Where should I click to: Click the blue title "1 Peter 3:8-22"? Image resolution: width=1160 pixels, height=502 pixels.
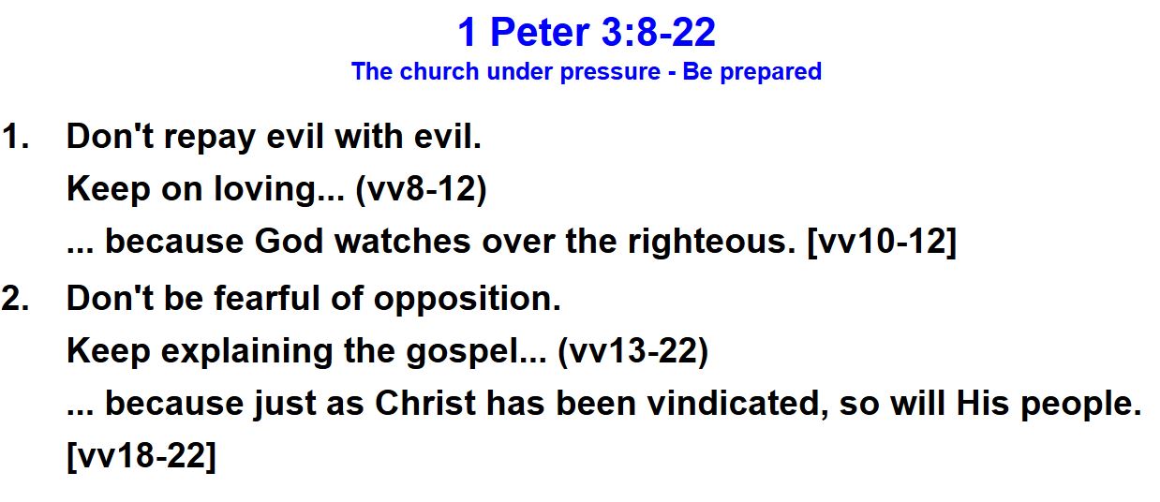(587, 32)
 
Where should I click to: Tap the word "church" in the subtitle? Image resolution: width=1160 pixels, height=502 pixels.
(439, 71)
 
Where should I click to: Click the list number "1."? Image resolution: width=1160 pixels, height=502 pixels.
(15, 137)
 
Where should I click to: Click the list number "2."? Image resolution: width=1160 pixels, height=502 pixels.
(15, 299)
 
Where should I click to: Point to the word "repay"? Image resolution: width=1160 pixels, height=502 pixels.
(209, 139)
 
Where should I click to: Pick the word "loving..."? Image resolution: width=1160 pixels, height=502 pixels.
(279, 190)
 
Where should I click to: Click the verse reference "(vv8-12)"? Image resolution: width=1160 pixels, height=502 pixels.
(421, 189)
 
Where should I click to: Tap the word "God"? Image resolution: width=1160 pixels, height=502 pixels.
(289, 242)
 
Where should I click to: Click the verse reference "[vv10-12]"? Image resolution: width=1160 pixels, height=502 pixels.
(882, 243)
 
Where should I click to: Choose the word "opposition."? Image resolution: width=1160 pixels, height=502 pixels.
(468, 300)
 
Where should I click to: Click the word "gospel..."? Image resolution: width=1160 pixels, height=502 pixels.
(476, 352)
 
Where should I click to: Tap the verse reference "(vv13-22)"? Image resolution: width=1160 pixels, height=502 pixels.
(632, 352)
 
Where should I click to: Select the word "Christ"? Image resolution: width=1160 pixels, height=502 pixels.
(425, 403)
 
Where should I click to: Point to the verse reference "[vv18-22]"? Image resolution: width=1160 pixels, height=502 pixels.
(141, 456)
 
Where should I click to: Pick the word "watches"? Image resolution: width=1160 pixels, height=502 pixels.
(402, 242)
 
